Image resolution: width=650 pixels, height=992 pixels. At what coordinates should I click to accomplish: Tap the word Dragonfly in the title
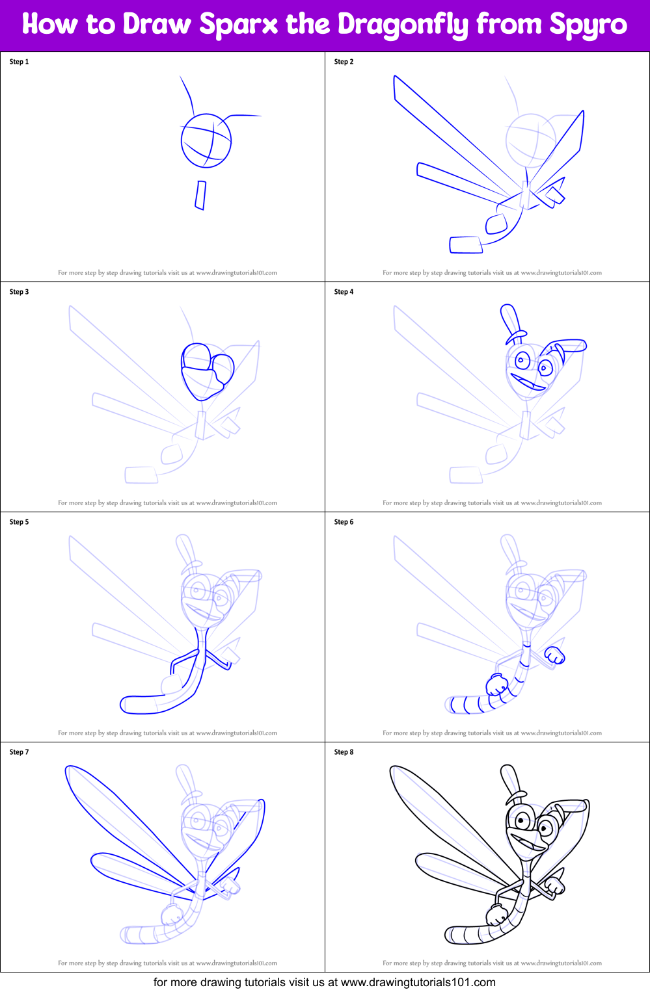tap(403, 25)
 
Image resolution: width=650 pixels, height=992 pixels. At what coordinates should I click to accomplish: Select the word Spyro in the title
tap(588, 25)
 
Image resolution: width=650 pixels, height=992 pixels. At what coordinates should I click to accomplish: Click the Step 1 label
tap(19, 62)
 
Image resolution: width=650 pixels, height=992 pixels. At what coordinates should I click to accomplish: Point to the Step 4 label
tap(344, 292)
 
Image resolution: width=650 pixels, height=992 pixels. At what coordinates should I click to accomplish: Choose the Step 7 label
tap(19, 752)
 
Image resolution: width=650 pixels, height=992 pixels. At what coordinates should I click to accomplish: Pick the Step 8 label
tap(344, 752)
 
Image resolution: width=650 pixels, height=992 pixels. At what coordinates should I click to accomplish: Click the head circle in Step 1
tap(206, 140)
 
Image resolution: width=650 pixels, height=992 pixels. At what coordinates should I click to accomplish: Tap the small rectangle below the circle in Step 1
tap(200, 195)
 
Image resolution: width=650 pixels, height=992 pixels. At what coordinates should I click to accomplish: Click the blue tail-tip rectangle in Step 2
tap(466, 245)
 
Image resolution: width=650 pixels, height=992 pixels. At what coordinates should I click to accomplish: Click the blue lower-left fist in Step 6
tap(497, 685)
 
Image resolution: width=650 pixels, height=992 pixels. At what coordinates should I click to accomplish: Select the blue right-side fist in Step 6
tap(555, 655)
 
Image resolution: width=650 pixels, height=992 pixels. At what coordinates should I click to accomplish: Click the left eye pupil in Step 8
tap(521, 821)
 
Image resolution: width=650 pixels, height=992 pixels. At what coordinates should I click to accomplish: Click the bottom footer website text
tap(324, 982)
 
